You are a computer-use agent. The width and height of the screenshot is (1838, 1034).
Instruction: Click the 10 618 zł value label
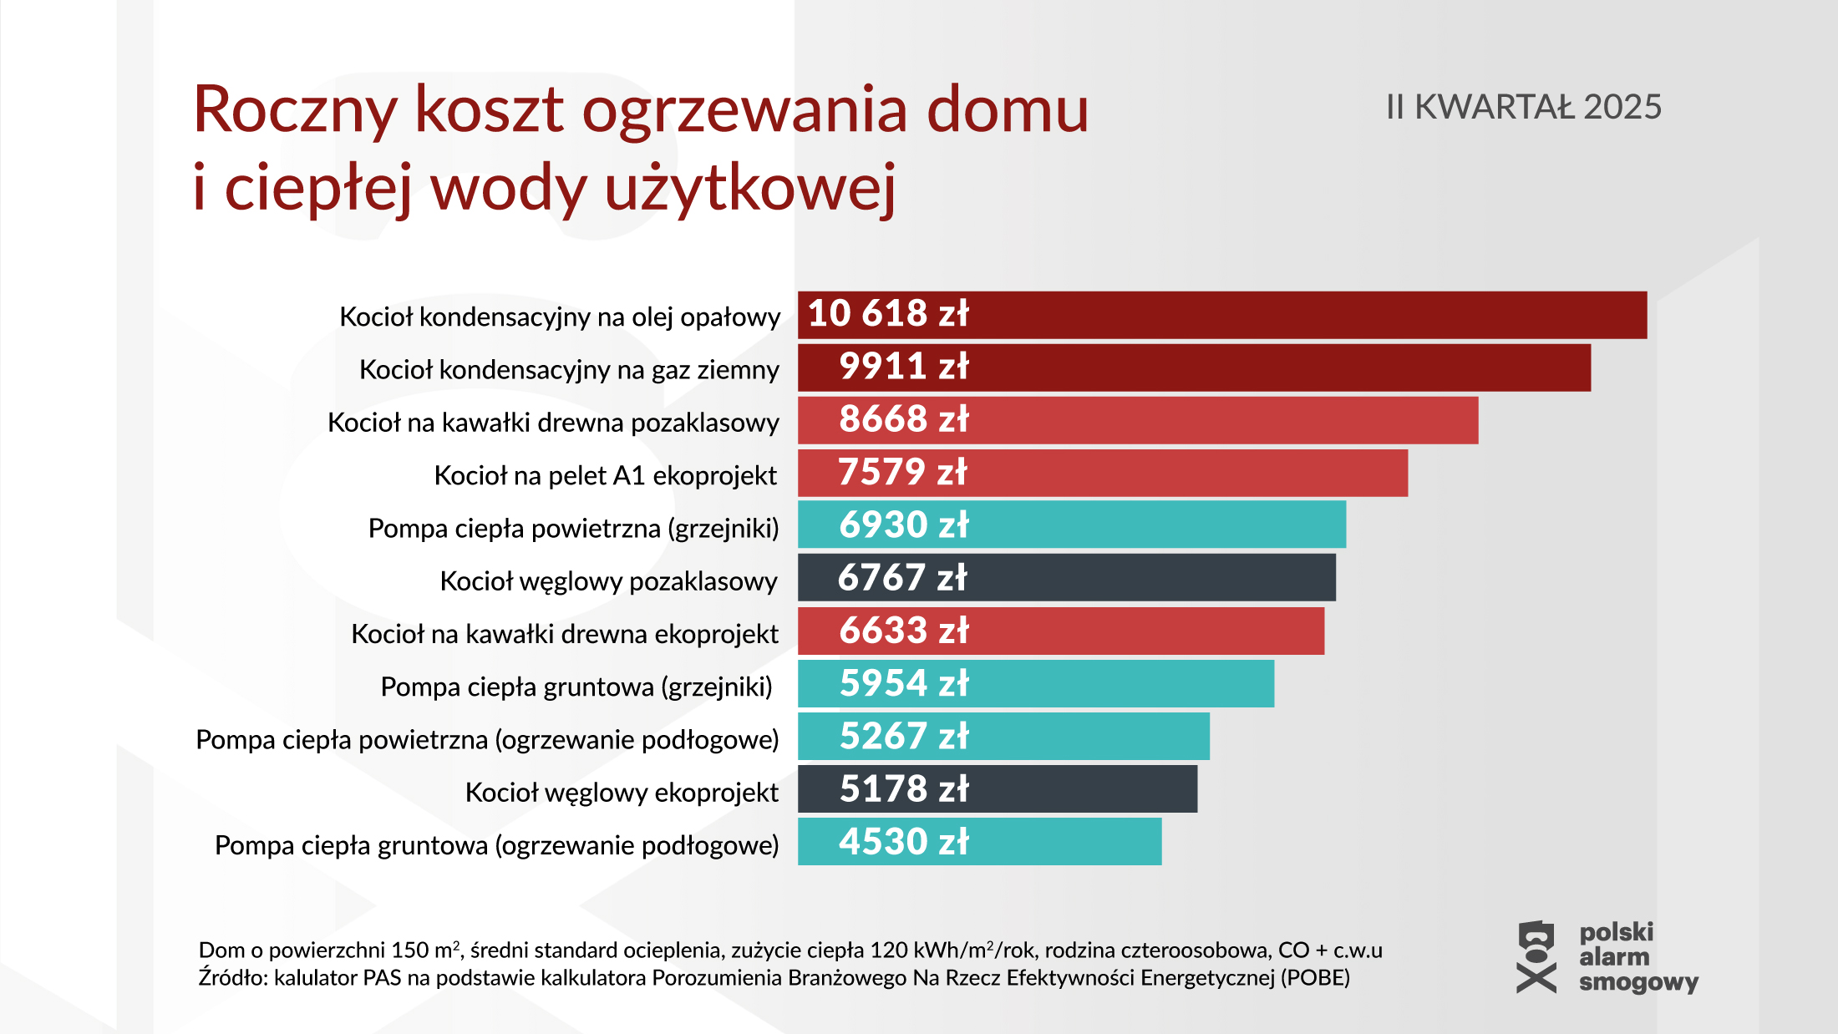(x=887, y=314)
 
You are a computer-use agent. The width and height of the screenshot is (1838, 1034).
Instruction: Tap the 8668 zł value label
(x=903, y=419)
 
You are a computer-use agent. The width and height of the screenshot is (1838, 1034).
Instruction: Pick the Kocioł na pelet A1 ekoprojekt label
(x=605, y=475)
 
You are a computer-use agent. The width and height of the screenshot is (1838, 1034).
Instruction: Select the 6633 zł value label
(x=903, y=631)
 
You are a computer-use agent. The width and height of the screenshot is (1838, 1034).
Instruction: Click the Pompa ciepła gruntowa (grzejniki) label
(x=576, y=687)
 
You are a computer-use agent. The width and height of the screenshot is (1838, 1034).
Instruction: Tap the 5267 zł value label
(x=903, y=736)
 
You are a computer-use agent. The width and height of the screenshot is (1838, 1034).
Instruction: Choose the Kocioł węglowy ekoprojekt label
(x=621, y=792)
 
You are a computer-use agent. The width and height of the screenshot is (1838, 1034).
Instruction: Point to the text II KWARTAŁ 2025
(x=1523, y=107)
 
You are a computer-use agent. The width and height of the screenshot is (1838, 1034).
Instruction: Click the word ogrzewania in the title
(x=744, y=109)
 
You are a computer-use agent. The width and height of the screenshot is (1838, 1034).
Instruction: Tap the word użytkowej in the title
(x=749, y=188)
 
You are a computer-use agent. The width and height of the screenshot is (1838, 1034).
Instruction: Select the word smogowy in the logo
(x=1637, y=982)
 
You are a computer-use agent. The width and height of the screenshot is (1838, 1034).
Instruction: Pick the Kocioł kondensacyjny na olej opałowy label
(x=559, y=317)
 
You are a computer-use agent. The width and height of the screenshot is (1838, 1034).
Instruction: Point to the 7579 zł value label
(x=902, y=472)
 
